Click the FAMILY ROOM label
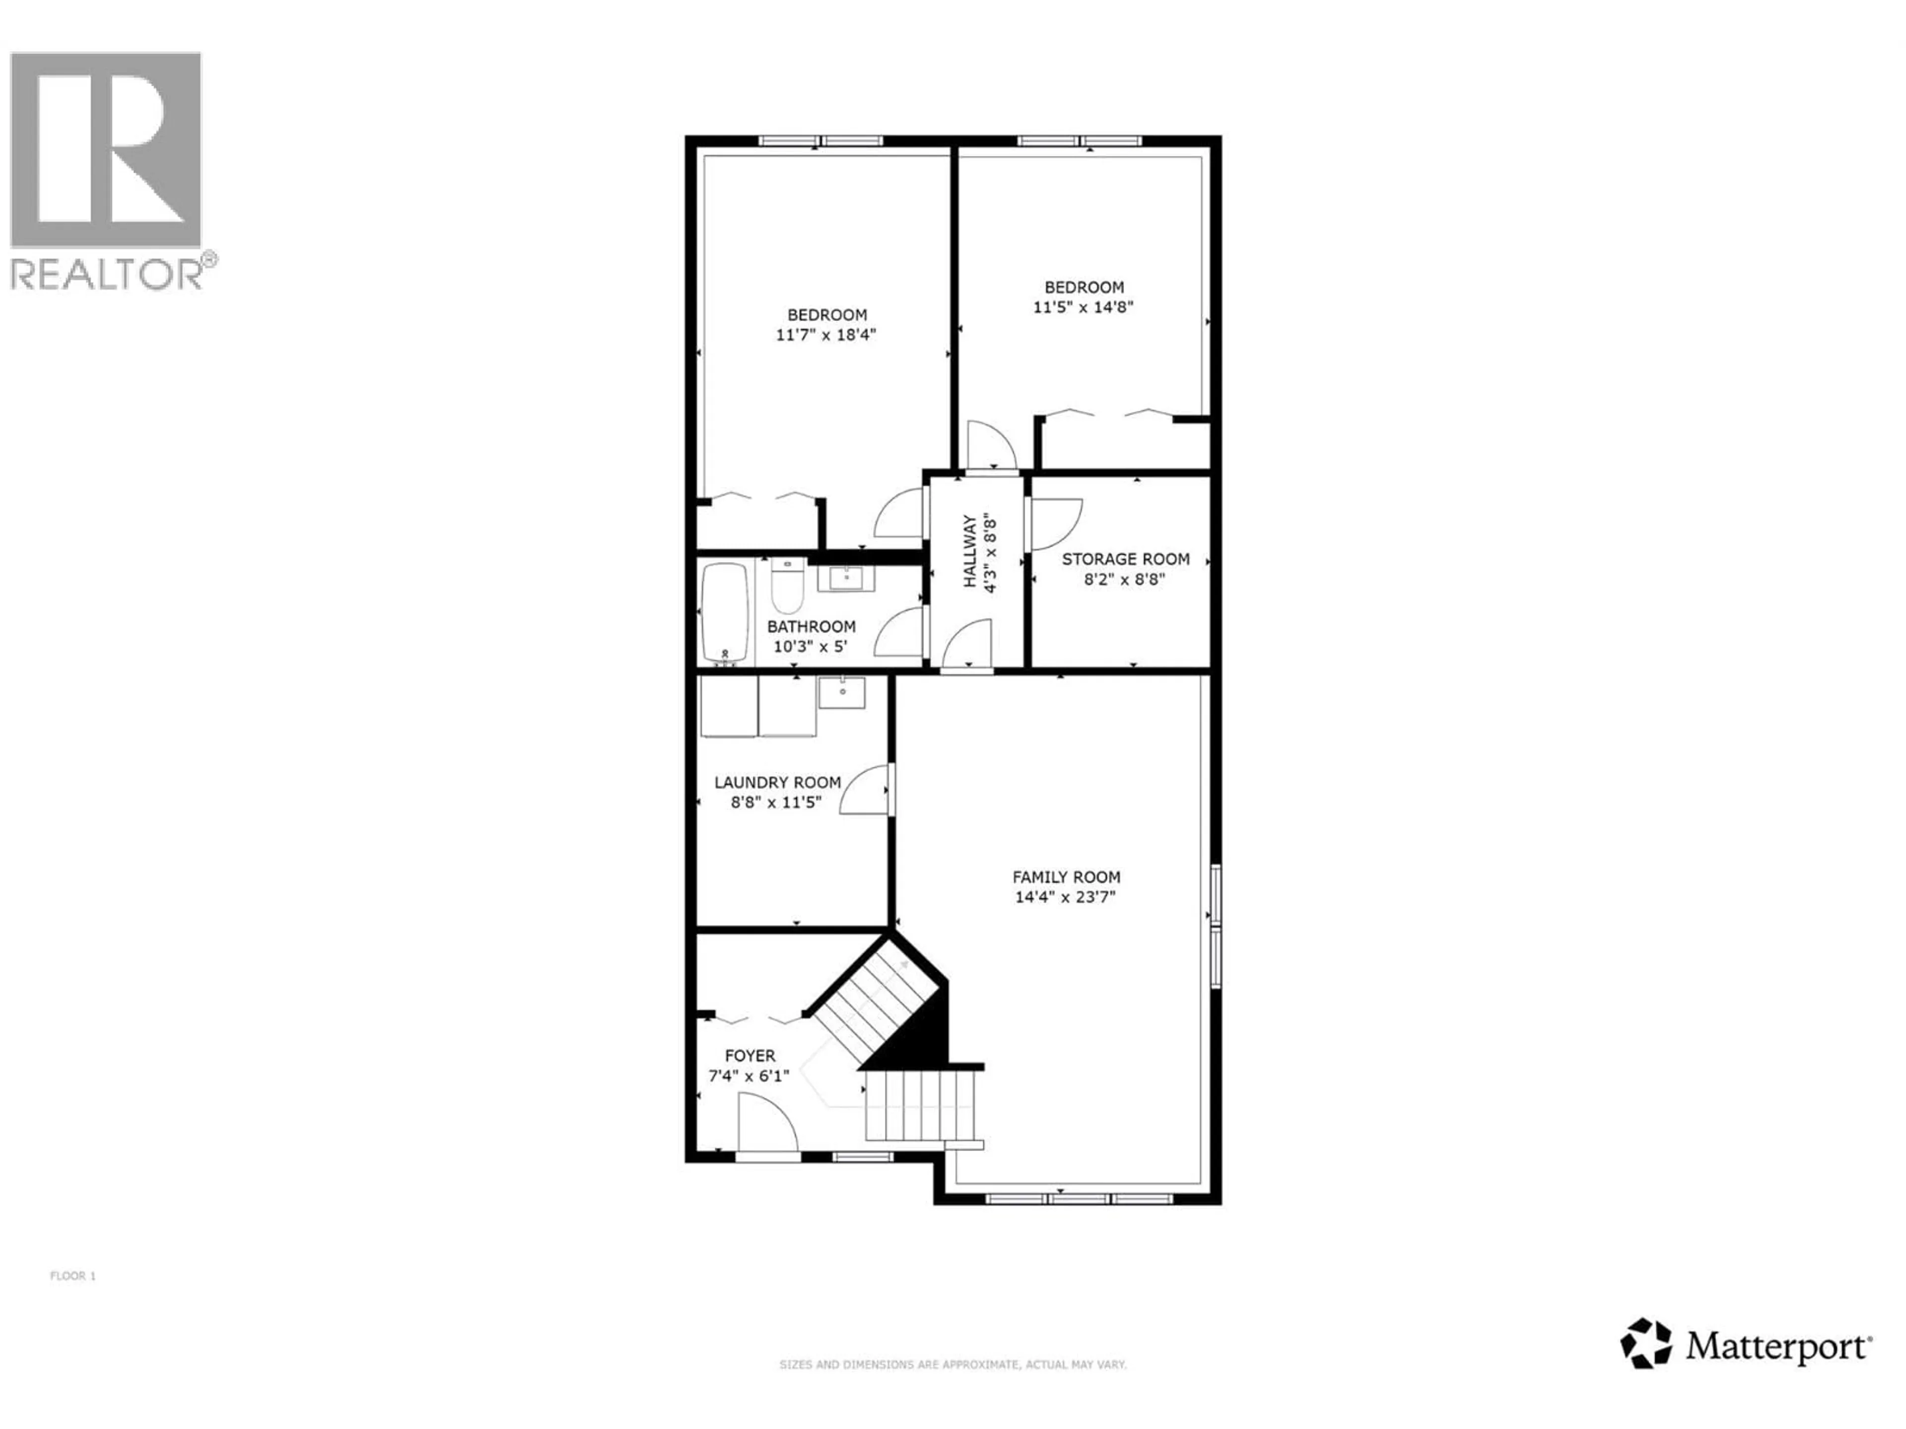1066,877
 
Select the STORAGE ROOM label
1125,559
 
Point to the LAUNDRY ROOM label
777,782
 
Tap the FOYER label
749,1055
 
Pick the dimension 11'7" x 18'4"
825,335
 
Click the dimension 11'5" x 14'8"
1083,307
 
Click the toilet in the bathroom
787,585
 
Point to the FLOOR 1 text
73,1276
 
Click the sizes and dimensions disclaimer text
952,1364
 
